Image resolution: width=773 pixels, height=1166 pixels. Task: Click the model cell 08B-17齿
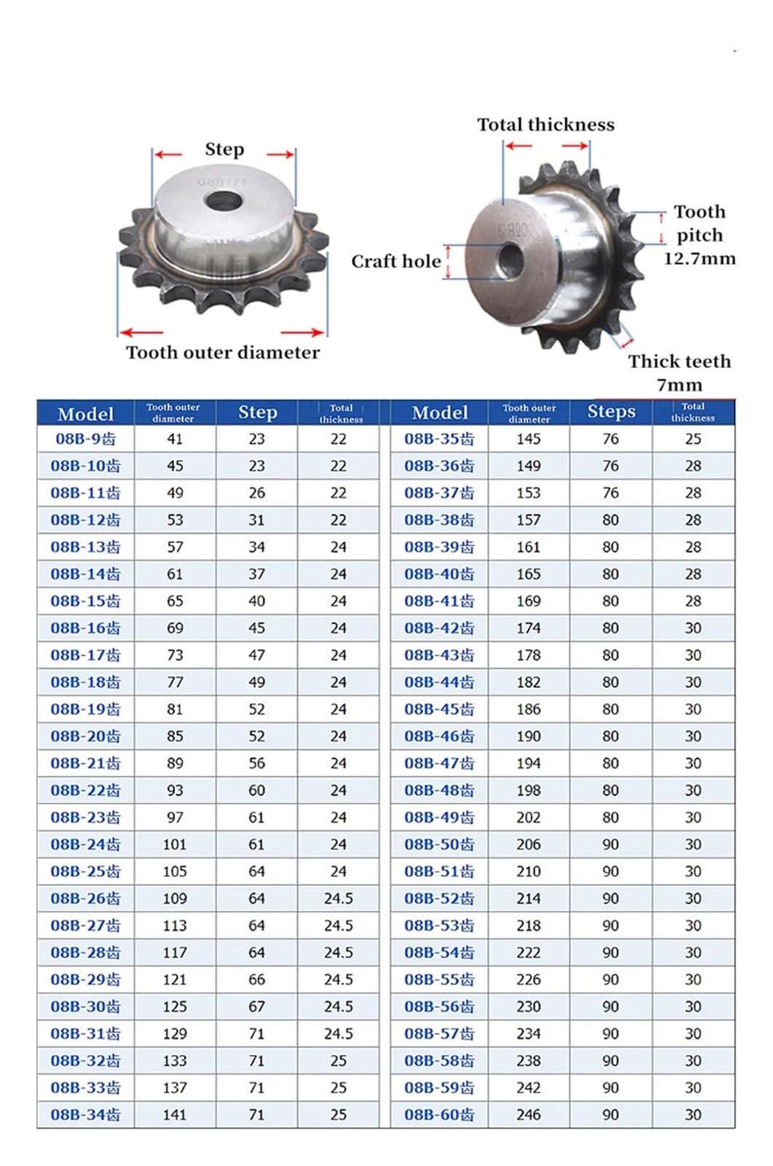[85, 655]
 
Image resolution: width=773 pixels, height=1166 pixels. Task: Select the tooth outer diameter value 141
[175, 1114]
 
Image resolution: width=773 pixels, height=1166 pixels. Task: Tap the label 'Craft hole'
[396, 262]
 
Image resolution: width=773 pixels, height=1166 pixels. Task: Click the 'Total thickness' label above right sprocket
[546, 125]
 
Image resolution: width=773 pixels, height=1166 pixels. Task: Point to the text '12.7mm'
[699, 259]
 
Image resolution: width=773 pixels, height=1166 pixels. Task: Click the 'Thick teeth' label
[679, 361]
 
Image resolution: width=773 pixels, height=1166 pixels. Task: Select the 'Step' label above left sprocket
[224, 149]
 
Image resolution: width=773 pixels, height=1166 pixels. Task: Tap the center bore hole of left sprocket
[224, 200]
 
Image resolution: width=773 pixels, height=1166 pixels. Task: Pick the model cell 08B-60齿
[439, 1114]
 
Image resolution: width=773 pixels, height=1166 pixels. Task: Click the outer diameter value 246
[528, 1114]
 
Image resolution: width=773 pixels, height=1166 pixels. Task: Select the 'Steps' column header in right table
[611, 412]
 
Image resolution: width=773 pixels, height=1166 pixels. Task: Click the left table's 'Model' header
[85, 413]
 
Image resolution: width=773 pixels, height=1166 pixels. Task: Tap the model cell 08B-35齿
[439, 439]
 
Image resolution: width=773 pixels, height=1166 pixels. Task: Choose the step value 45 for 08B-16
[256, 628]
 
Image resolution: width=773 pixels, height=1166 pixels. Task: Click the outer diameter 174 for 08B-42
[528, 628]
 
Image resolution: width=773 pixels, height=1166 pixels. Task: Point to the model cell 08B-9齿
[85, 439]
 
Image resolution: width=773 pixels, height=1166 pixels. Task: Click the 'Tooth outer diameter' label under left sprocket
[222, 353]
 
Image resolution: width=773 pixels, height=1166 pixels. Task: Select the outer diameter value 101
[175, 845]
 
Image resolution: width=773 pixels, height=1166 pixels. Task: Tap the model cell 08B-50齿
[439, 845]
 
